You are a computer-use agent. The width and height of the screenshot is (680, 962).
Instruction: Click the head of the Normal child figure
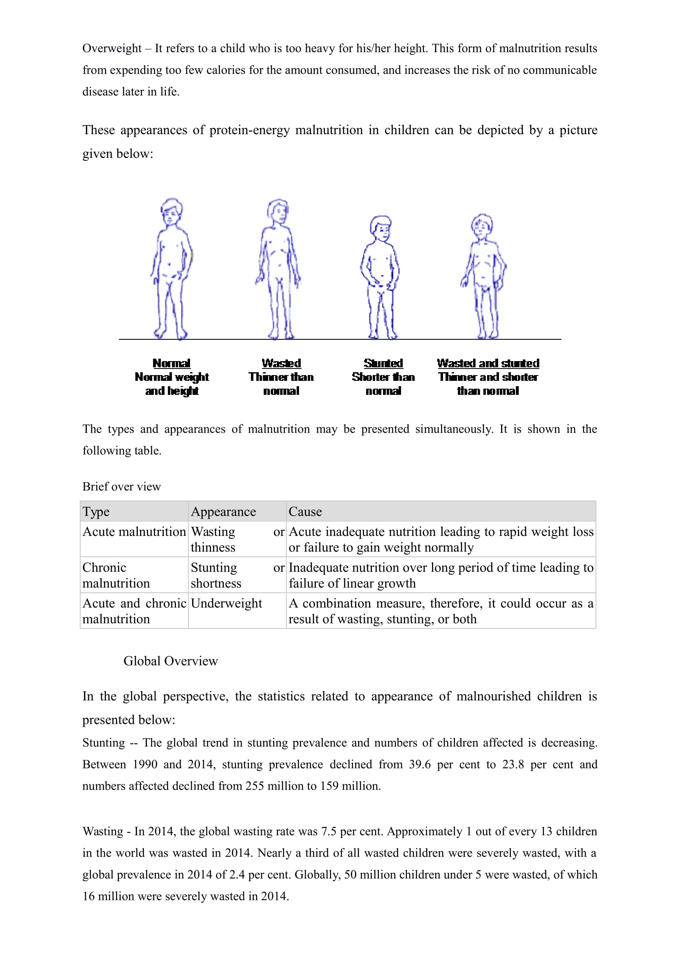click(x=171, y=211)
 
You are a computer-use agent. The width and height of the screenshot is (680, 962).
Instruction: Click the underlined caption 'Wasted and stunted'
click(x=488, y=363)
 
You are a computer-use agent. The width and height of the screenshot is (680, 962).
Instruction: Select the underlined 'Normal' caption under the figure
click(x=172, y=363)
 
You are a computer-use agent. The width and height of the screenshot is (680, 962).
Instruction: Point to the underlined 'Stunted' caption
click(x=383, y=363)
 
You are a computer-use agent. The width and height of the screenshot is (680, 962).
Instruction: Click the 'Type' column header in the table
click(x=96, y=512)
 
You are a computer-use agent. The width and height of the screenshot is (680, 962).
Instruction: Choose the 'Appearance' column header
click(x=223, y=512)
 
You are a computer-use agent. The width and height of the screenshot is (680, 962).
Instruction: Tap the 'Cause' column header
click(x=305, y=512)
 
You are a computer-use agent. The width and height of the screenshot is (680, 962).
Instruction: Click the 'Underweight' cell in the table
click(x=226, y=603)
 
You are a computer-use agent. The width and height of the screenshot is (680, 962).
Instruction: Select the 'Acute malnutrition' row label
click(x=134, y=531)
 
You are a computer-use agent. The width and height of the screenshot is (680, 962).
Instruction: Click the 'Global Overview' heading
click(x=171, y=661)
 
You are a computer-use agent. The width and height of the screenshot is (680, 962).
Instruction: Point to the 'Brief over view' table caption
click(x=121, y=487)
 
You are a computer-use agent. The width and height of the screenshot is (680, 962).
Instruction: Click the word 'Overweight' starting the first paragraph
click(x=112, y=48)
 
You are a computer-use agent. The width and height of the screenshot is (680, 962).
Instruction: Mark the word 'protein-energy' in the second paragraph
click(x=249, y=130)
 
